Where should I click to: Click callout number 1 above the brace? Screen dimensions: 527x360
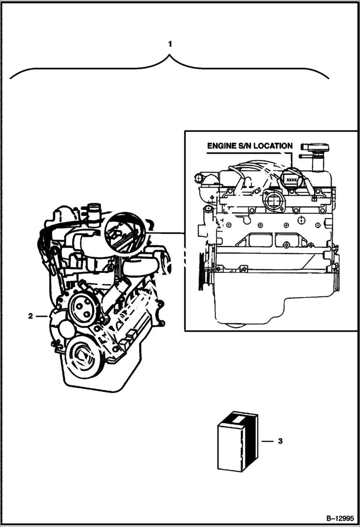pos(170,44)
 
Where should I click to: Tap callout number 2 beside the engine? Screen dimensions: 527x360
pos(31,316)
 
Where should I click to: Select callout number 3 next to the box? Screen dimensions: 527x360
pos(280,440)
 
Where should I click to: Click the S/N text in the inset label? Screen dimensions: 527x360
pos(246,146)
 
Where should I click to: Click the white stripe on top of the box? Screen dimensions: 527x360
pos(237,419)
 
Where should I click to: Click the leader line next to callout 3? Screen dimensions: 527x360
pos(267,441)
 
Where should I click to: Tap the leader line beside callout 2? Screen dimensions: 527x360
pos(41,316)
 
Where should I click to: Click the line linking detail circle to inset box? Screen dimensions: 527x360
pos(166,233)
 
